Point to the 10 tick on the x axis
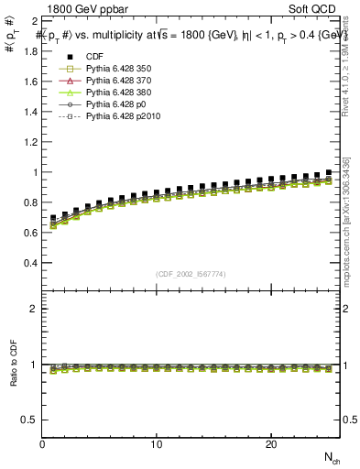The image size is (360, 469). [x=157, y=445]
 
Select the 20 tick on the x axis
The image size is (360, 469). [x=271, y=445]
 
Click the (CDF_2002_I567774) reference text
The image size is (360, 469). [x=191, y=275]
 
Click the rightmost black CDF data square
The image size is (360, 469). [x=329, y=172]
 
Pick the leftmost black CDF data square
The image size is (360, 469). [x=53, y=218]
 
